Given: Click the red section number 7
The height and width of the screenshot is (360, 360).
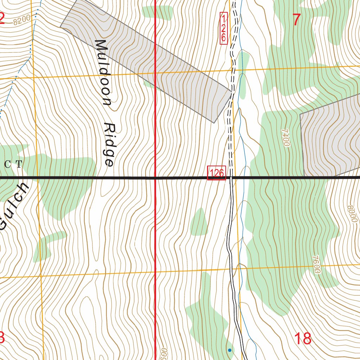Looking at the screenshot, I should pyautogui.click(x=297, y=20).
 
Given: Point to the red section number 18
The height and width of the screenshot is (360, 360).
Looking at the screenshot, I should pyautogui.click(x=302, y=339).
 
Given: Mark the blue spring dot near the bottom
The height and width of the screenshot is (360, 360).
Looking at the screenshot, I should pyautogui.click(x=230, y=350).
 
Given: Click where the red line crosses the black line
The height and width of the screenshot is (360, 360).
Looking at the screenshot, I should pyautogui.click(x=155, y=178).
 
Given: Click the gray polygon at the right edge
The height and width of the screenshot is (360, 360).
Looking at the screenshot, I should pyautogui.click(x=330, y=137).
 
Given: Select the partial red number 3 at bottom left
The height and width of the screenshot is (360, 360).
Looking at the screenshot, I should pyautogui.click(x=2, y=338).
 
